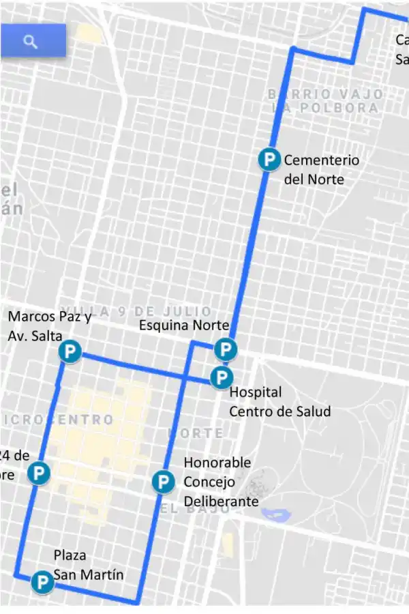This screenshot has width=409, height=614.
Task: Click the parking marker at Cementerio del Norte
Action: pyautogui.click(x=270, y=160)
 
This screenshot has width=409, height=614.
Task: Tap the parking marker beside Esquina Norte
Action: pyautogui.click(x=225, y=350)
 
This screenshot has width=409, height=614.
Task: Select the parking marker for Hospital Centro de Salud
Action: pyautogui.click(x=222, y=377)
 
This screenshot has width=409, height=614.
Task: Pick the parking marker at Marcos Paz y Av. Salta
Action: pyautogui.click(x=70, y=352)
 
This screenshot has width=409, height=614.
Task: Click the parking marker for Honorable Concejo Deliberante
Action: pyautogui.click(x=162, y=482)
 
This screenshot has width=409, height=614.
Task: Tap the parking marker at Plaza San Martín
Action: pyautogui.click(x=43, y=582)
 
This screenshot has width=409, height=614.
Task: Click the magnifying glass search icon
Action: pyautogui.click(x=30, y=42)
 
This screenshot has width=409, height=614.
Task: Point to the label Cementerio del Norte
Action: pyautogui.click(x=320, y=170)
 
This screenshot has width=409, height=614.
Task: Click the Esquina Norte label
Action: pyautogui.click(x=183, y=325)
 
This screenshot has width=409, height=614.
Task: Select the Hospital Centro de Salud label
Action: pyautogui.click(x=279, y=402)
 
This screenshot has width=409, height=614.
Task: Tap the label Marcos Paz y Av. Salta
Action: pyautogui.click(x=48, y=325)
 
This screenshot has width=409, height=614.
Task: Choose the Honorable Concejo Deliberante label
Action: pyautogui.click(x=220, y=482)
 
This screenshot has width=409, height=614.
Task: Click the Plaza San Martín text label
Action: pyautogui.click(x=89, y=565)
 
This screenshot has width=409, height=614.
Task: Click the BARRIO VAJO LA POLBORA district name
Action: pyautogui.click(x=324, y=101)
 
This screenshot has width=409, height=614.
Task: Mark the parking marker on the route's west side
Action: pyautogui.click(x=40, y=473)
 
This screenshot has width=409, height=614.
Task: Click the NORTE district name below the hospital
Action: pyautogui.click(x=196, y=433)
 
